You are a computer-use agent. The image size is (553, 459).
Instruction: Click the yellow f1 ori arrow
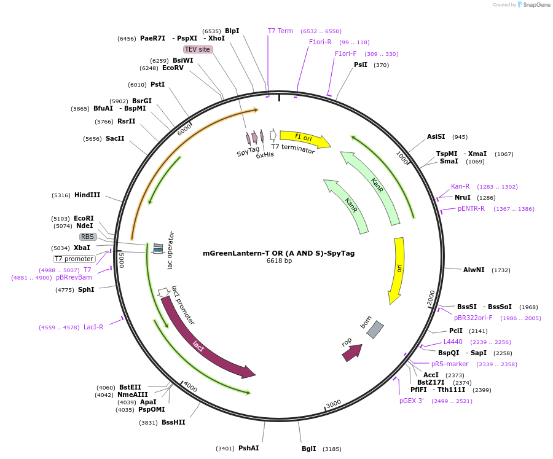[x=304, y=138]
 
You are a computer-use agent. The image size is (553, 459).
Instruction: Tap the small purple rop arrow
[x=352, y=352]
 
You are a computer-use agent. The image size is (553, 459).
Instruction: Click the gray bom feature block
[x=375, y=329]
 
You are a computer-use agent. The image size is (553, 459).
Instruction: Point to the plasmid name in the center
[x=278, y=253]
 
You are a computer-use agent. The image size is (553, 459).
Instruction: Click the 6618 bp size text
[x=279, y=261]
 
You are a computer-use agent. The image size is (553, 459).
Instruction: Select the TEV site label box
[x=198, y=49]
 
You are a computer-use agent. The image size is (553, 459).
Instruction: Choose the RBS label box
[x=88, y=237]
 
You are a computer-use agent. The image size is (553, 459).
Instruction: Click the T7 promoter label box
[x=74, y=259]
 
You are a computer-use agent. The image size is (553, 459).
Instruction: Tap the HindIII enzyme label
[x=87, y=195]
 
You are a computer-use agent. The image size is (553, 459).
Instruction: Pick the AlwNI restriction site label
[x=474, y=270]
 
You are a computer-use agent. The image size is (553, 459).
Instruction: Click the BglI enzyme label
[x=308, y=449]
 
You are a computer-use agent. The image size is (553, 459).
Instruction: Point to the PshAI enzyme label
[x=248, y=448]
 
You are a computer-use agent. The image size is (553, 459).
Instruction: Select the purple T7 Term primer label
[x=280, y=31]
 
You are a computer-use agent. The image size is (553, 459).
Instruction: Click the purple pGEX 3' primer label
[x=412, y=401]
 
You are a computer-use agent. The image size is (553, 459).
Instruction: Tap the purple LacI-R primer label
[x=93, y=327]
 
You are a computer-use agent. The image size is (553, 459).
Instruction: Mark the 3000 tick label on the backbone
[x=334, y=404]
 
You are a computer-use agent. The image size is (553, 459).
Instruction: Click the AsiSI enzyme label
[x=436, y=136]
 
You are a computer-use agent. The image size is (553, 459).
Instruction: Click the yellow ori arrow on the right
[x=398, y=269]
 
